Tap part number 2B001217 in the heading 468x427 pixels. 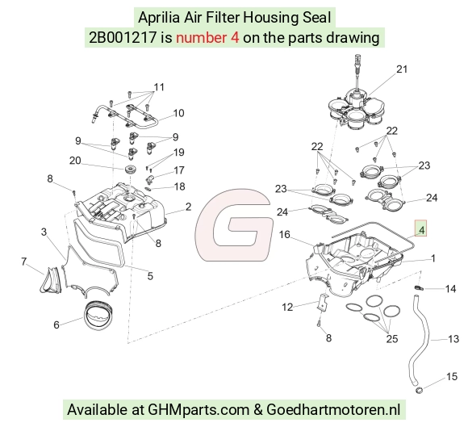pyautogui.click(x=123, y=38)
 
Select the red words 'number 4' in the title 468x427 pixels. pyautogui.click(x=207, y=38)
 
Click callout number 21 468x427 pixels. pyautogui.click(x=402, y=69)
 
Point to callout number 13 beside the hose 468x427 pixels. pyautogui.click(x=453, y=339)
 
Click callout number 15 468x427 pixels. pyautogui.click(x=452, y=376)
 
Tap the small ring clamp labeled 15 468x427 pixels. pyautogui.click(x=419, y=390)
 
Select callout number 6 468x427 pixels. pyautogui.click(x=56, y=324)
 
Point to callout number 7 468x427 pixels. pyautogui.click(x=24, y=262)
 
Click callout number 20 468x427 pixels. pyautogui.click(x=75, y=161)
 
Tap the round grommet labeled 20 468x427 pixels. pyautogui.click(x=131, y=170)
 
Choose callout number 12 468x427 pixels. pyautogui.click(x=287, y=307)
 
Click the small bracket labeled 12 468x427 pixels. pyautogui.click(x=323, y=302)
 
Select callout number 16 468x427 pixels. pyautogui.click(x=285, y=235)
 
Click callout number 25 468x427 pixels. pyautogui.click(x=392, y=339)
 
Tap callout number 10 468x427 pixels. pyautogui.click(x=178, y=113)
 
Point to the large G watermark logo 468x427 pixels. pyautogui.click(x=234, y=224)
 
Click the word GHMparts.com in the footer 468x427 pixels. pyautogui.click(x=198, y=409)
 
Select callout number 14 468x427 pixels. pyautogui.click(x=451, y=289)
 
